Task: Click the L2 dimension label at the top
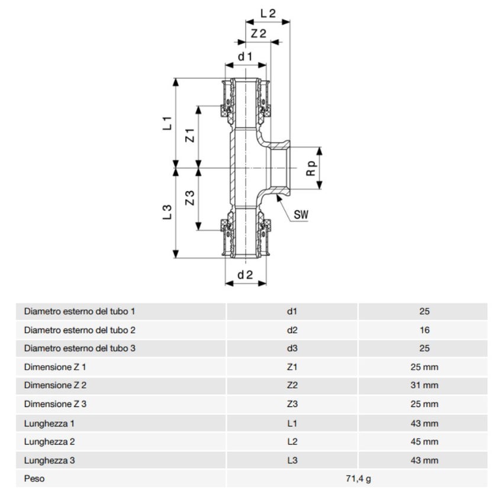(268, 12)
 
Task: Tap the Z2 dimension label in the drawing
(258, 34)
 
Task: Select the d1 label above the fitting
(245, 56)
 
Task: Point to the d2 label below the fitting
(245, 275)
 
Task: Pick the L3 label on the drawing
(167, 211)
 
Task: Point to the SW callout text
(302, 214)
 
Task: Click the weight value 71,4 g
(357, 479)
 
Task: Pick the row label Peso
(34, 479)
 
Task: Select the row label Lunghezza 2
(49, 441)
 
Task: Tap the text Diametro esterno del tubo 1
(80, 311)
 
